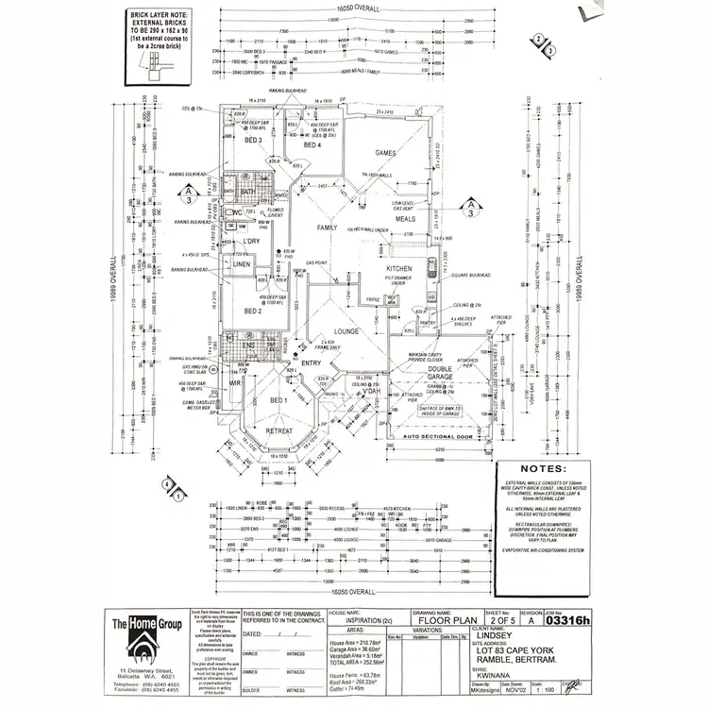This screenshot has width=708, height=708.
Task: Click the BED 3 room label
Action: pos(252,140)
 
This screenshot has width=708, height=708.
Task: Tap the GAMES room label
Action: pos(385,152)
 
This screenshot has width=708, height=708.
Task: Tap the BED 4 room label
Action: pos(312,145)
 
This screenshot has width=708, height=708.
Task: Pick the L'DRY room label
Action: pos(250,242)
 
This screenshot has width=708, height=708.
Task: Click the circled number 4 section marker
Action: pos(167,485)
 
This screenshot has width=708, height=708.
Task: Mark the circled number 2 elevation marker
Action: pos(538,40)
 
